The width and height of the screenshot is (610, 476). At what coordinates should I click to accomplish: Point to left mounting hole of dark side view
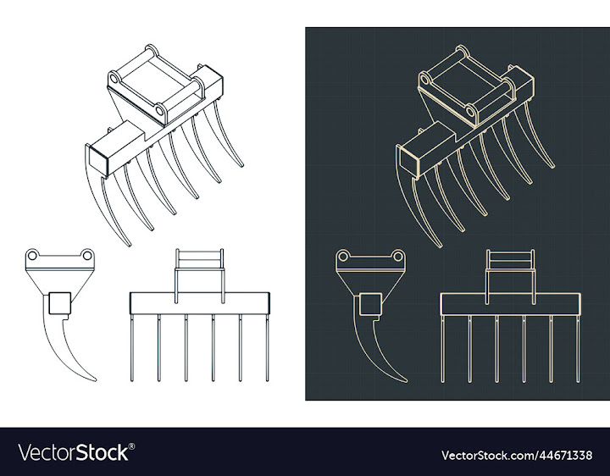pos(344,256)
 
